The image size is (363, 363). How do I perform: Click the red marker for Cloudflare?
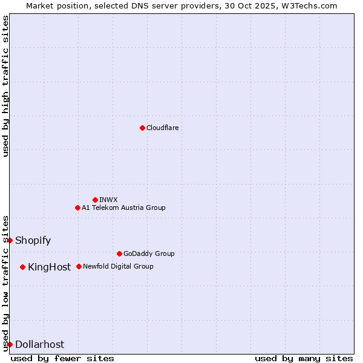[x=142, y=128]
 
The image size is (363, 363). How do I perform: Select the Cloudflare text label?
[x=163, y=128]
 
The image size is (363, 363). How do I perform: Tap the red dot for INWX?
[x=95, y=200]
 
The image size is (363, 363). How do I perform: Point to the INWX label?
[x=109, y=200]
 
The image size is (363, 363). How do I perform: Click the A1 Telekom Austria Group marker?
[x=77, y=208]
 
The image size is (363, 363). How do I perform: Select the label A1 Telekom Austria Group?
[x=123, y=208]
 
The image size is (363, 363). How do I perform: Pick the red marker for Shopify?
[x=10, y=240]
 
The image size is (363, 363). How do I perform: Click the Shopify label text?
[x=33, y=240]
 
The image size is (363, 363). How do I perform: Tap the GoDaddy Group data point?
[x=119, y=253]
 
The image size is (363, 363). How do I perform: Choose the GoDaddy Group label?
[x=149, y=253]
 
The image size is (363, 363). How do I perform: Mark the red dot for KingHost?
[x=23, y=267]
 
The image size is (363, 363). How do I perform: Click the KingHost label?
[x=49, y=267]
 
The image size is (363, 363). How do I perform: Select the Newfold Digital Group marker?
[x=79, y=266]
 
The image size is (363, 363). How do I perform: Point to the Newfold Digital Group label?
[x=118, y=266]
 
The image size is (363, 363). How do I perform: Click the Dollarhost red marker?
[x=10, y=344]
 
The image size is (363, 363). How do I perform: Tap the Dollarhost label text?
[x=39, y=344]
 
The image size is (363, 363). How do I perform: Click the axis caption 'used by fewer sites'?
[x=62, y=358]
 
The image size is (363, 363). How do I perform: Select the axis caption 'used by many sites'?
[x=304, y=358]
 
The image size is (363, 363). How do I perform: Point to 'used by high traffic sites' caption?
[x=5, y=86]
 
